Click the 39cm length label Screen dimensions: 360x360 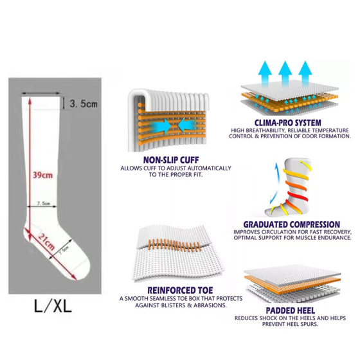[x=42, y=175]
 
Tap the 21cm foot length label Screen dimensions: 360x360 [x=46, y=242]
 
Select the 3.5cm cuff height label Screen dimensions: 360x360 [x=84, y=104]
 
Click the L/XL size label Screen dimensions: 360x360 [x=53, y=305]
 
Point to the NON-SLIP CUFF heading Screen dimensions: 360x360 [x=171, y=160]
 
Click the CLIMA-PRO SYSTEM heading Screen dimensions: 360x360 [x=288, y=123]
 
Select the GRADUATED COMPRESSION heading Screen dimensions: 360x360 [x=292, y=224]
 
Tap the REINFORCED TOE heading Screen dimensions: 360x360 [x=180, y=290]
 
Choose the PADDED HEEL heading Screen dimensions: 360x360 [x=290, y=310]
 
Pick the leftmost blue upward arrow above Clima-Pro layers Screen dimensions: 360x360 [x=265, y=73]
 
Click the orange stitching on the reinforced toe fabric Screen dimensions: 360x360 [x=175, y=245]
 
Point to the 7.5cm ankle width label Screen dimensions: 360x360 [x=43, y=203]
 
